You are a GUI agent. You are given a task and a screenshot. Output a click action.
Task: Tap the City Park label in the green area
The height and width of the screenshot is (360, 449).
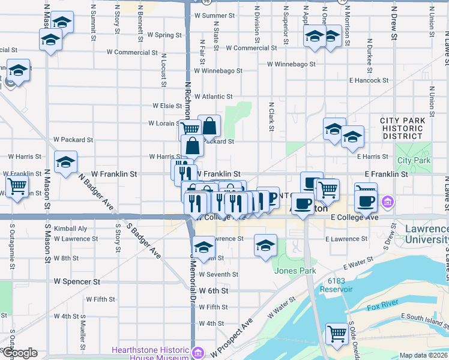pos(414,160)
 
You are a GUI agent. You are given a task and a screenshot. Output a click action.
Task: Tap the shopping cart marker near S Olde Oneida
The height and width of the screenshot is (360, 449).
pos(337,334)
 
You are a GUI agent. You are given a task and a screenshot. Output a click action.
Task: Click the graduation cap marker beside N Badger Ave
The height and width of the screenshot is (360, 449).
pos(65,161)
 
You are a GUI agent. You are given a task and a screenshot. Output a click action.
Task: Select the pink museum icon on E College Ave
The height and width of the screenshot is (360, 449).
pos(388,202)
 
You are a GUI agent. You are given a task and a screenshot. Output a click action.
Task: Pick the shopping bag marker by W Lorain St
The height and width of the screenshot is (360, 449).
pos(209,126)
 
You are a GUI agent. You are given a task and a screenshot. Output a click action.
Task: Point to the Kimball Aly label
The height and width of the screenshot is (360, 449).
pos(70,229)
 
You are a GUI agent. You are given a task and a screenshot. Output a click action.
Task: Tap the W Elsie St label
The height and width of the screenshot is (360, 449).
pos(167,106)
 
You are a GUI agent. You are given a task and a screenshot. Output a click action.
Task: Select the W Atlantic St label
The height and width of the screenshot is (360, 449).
pos(212,97)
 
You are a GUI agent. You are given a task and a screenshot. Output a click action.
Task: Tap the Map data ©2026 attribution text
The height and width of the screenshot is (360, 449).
pos(423,355)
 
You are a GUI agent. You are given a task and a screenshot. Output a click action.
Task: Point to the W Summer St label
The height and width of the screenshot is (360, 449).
pos(214,15)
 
